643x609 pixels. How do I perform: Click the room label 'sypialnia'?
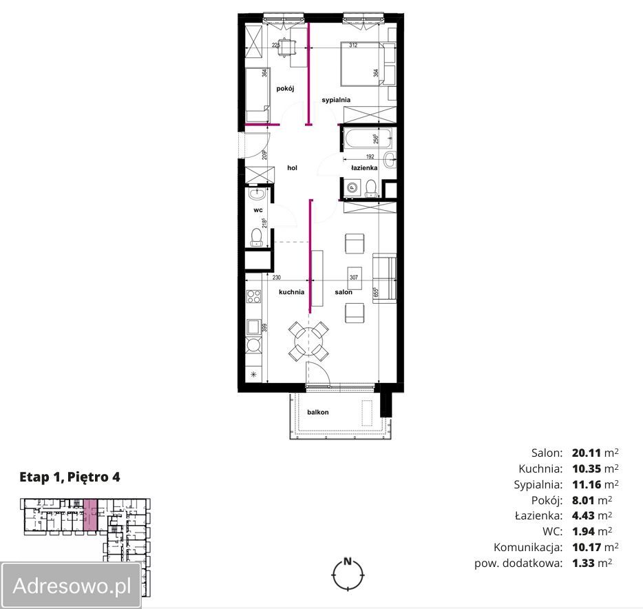point(336,100)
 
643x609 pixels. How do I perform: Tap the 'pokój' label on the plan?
point(285,88)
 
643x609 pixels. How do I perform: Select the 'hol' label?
point(292,168)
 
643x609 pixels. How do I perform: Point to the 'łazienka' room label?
point(364,168)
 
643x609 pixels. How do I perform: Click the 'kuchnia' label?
point(291,292)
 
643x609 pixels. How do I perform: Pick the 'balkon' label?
point(318,412)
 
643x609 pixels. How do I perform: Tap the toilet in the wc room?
point(257,237)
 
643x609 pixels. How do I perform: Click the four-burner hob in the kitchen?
point(253,296)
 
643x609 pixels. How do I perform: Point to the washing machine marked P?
point(351,187)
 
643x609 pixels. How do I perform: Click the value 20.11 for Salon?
point(587,453)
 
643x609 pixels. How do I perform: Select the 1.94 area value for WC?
point(583,531)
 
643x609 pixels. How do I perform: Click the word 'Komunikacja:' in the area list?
point(528,547)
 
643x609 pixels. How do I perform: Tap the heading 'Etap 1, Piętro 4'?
point(70,477)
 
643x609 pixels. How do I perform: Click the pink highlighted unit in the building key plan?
point(90,514)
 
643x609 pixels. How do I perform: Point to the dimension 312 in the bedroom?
point(353,45)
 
